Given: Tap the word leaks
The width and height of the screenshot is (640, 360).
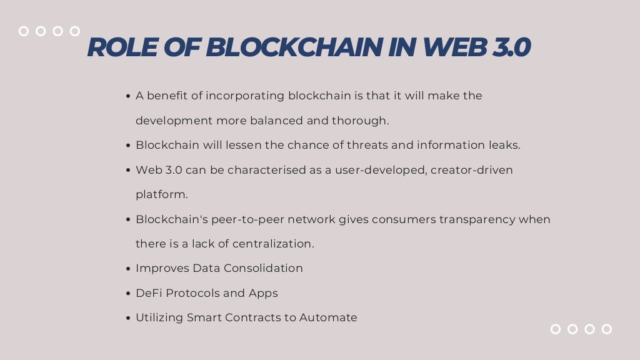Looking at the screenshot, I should point(504,145).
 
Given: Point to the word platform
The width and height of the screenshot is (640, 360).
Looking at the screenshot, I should point(161,194).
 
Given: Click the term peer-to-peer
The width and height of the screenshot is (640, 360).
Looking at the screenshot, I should point(247,219).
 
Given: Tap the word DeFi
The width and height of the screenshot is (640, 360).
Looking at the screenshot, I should point(147,293).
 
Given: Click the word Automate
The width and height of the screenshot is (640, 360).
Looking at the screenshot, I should point(328,317).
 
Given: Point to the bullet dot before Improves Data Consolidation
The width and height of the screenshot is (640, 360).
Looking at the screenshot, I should point(128,269).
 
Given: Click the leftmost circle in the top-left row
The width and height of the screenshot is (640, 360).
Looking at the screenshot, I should point(24,31).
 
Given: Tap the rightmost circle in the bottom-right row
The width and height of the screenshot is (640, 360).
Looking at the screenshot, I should point(606,329).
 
